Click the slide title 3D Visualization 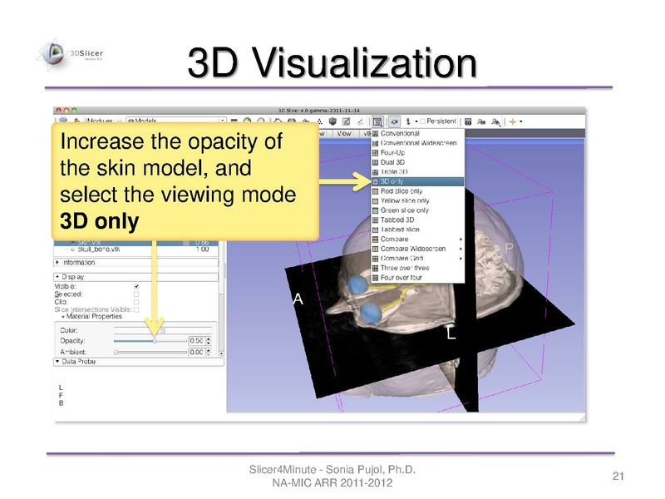coord(332,65)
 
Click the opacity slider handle coord(155,340)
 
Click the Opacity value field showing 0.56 coord(197,341)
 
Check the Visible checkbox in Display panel coord(136,285)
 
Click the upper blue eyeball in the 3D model coord(357,285)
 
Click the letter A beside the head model coord(298,303)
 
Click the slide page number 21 coord(618,477)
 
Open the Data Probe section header coord(79,363)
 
